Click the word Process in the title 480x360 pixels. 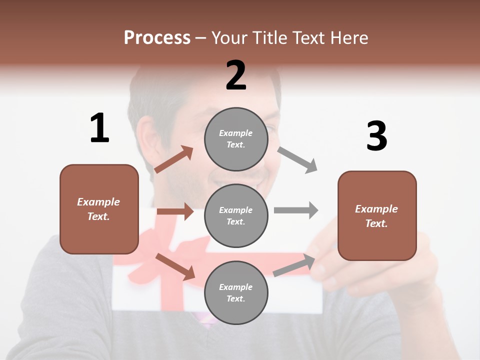pyautogui.click(x=157, y=38)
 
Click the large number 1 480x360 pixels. pyautogui.click(x=99, y=128)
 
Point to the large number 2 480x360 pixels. pyautogui.click(x=236, y=75)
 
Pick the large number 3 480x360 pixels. pyautogui.click(x=376, y=136)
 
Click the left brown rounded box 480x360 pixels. pyautogui.click(x=99, y=209)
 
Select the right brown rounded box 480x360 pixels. pyautogui.click(x=377, y=215)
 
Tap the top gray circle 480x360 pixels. pyautogui.click(x=236, y=139)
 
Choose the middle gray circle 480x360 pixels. pyautogui.click(x=236, y=215)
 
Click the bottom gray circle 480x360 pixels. pyautogui.click(x=236, y=292)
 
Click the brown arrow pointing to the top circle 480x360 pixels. pyautogui.click(x=174, y=159)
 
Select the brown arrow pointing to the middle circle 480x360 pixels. pyautogui.click(x=175, y=211)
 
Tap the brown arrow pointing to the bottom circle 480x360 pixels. pyautogui.click(x=175, y=266)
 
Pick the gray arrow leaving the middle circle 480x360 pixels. pyautogui.click(x=296, y=210)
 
